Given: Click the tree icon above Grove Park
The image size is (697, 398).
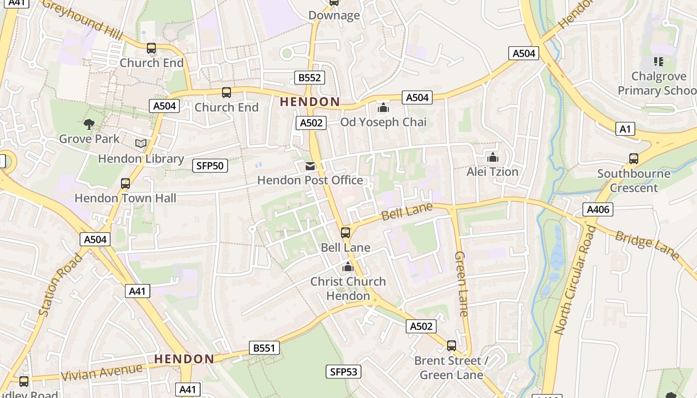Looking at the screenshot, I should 89,124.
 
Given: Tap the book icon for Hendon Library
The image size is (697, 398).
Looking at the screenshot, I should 141,144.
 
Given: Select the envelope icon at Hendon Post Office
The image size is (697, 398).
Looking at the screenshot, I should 310,166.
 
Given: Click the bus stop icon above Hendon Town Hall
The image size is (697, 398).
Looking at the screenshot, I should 125,184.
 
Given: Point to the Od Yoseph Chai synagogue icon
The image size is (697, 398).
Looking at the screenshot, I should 383,107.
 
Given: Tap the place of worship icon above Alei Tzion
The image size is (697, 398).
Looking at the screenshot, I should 493,157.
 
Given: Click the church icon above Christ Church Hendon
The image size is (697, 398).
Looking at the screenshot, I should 348,267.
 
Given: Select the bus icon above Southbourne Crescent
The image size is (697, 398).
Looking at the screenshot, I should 633,159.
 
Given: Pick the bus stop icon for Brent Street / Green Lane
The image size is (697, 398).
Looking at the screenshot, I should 452,346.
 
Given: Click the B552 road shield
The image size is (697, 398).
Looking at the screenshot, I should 309,78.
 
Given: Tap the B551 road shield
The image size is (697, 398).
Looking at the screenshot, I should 264,348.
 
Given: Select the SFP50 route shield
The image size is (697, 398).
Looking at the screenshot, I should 210,166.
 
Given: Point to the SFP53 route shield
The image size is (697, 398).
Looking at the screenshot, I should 344,372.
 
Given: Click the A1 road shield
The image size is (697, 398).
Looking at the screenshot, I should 625,129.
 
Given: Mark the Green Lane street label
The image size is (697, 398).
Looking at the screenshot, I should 461,284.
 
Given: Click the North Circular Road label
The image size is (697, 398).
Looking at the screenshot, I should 575,280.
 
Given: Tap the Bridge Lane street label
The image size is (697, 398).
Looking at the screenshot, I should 647,245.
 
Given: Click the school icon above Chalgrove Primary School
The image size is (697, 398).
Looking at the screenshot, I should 659,62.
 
